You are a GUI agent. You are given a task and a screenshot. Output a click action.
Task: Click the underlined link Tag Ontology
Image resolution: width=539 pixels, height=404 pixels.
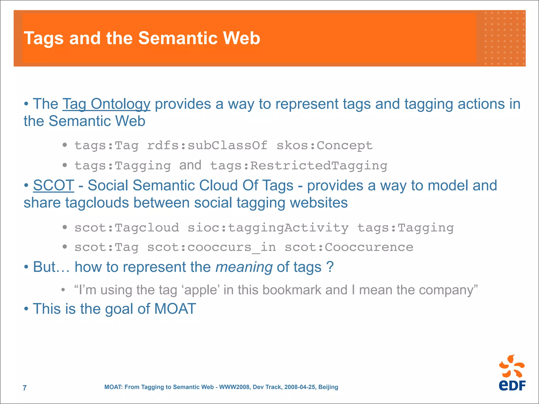pos(106,104)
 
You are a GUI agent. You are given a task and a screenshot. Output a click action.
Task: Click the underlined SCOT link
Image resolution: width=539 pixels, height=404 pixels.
pos(53,185)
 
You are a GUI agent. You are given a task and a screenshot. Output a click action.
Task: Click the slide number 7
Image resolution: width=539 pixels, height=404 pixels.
pos(25,388)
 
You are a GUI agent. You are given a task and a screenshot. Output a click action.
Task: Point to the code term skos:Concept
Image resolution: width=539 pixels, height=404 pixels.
pos(325,145)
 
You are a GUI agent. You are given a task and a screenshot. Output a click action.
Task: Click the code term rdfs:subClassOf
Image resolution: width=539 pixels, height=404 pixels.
pos(207,145)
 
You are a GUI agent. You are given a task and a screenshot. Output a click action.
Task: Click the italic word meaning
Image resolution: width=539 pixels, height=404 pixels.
pos(244,267)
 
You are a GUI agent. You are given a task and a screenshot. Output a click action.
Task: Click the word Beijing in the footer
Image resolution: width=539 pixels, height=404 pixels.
pos(328,387)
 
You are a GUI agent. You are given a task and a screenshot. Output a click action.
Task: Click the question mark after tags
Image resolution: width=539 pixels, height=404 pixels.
pos(330,267)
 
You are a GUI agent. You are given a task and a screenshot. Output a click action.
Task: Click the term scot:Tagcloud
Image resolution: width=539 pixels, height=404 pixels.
pos(127,228)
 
